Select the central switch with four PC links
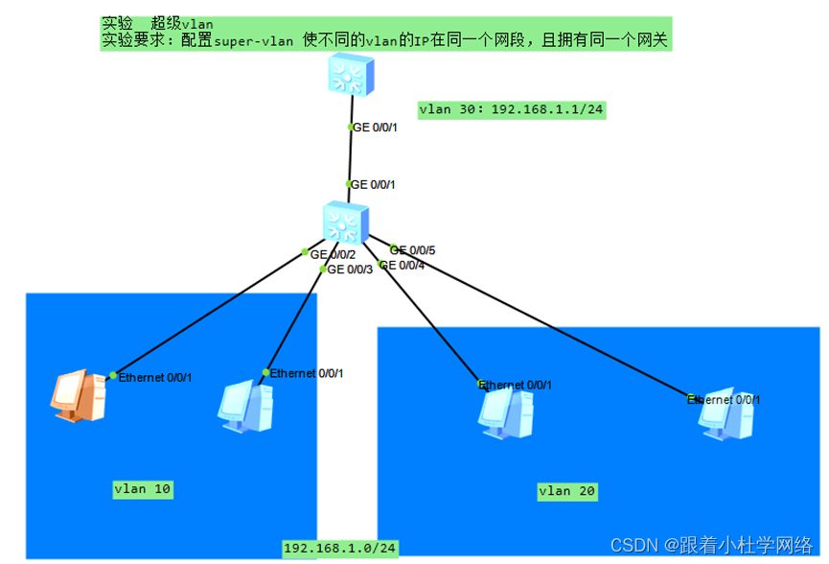coord(344,223)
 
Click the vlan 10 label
coord(143,489)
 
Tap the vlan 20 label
coord(567,492)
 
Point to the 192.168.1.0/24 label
coord(340,548)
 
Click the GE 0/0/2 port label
coord(333,254)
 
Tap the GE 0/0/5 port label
coord(413,250)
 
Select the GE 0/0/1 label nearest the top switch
coord(375,127)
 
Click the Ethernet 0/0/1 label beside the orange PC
coord(155,377)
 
